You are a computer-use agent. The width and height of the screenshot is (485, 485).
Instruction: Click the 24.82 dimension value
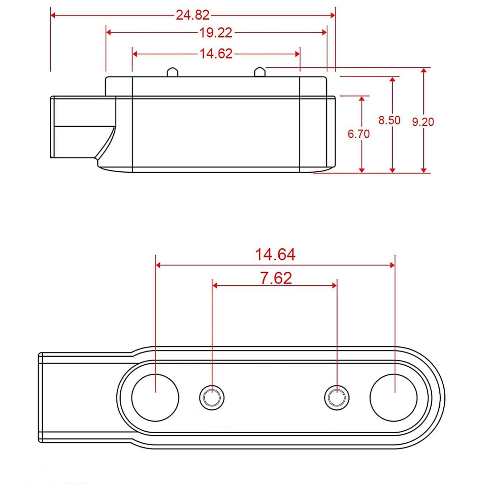coord(193,15)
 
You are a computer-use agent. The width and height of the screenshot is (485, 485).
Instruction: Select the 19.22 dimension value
coord(216,33)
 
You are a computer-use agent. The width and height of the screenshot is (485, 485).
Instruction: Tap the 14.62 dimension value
coord(216,54)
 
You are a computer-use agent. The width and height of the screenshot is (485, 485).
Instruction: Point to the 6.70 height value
coord(359,134)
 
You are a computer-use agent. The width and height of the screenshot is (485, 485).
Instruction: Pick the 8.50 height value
coord(389,120)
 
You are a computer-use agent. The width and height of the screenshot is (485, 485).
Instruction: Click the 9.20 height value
coord(423,122)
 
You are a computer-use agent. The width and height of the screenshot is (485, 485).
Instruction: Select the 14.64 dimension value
coord(275,254)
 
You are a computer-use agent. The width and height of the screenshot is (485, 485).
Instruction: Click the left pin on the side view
coord(172,72)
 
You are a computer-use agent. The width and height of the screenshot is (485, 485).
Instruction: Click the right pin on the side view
coord(260,72)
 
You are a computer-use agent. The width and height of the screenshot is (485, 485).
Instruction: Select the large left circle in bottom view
coord(155,398)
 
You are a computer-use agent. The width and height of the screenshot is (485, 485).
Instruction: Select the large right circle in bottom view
coord(393,398)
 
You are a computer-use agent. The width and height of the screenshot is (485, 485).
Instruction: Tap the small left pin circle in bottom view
coord(212,397)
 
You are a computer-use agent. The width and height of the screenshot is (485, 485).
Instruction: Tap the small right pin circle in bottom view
coord(337,397)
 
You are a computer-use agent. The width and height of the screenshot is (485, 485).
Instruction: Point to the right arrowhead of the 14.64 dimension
coord(392,265)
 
